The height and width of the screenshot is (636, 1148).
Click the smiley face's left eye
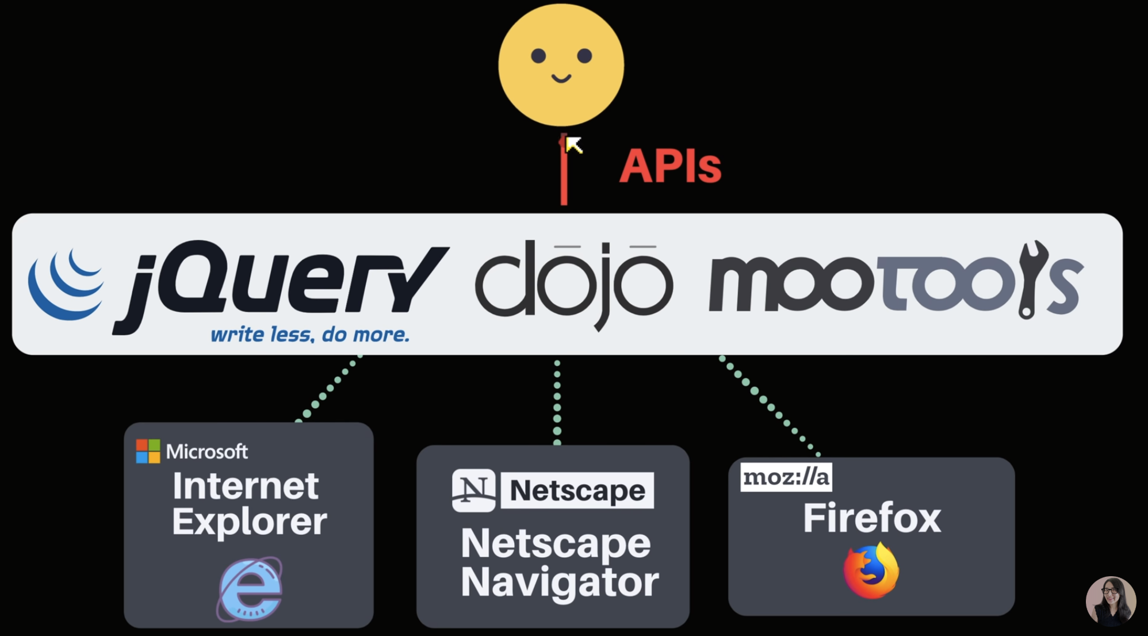[538, 56]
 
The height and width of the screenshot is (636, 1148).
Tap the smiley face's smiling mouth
[561, 78]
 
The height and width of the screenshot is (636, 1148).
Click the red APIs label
[670, 166]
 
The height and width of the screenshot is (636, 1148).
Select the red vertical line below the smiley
[564, 169]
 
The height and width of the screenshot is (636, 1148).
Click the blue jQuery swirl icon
[66, 285]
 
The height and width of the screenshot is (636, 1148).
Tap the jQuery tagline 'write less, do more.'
[310, 334]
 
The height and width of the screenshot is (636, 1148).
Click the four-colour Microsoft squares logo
[148, 451]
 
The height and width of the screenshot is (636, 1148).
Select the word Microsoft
[207, 452]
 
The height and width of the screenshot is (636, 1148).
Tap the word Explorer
[250, 522]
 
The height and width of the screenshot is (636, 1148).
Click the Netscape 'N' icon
[473, 491]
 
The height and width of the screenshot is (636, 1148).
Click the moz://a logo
[786, 477]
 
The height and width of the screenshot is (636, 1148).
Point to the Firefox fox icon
[871, 571]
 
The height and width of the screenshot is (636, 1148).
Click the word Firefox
[872, 518]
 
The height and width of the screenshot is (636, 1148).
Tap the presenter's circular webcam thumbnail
[1111, 601]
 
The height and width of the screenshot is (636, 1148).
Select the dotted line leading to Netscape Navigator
[557, 402]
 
